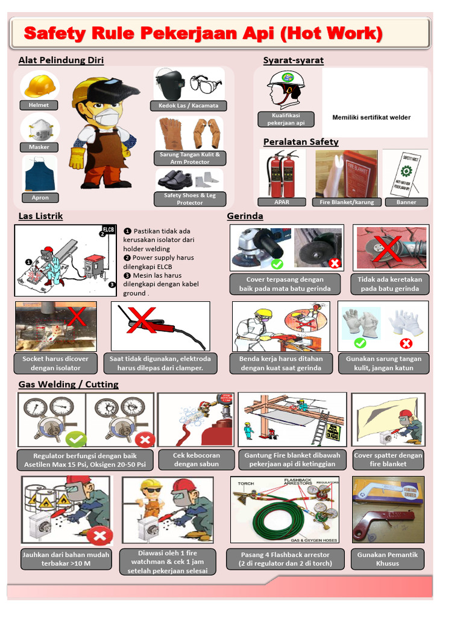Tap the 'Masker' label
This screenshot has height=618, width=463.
tap(39, 147)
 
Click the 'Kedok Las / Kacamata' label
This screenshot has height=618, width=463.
tap(189, 106)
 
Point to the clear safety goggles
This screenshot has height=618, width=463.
tap(206, 84)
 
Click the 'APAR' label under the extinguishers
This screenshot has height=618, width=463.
tap(282, 202)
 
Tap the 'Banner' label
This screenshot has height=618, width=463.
tap(406, 202)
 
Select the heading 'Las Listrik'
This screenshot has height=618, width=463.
tap(40, 216)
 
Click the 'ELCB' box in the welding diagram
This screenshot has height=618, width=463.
tap(109, 229)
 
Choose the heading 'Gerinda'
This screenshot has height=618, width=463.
tap(245, 216)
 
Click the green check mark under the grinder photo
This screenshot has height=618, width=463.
tap(277, 264)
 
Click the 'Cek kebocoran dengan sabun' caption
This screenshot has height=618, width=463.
tap(197, 459)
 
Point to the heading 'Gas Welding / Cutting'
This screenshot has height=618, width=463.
tap(68, 384)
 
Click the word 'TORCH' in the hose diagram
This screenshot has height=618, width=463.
tap(246, 483)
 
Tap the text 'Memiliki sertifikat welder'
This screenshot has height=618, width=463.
tap(371, 117)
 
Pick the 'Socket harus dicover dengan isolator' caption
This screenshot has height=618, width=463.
tap(55, 363)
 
